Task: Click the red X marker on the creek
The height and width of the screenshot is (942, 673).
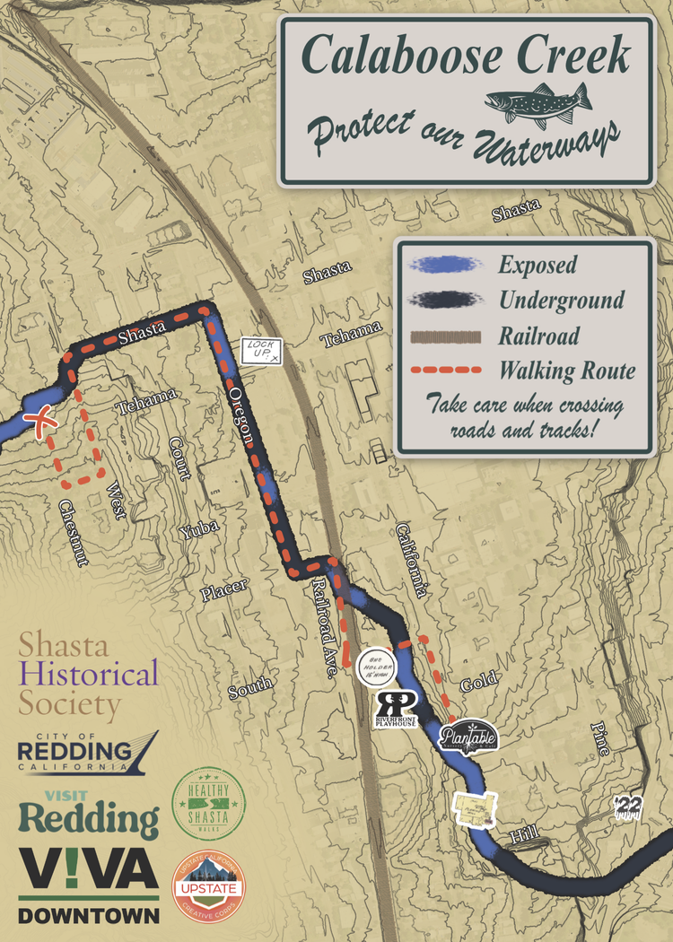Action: tap(39, 422)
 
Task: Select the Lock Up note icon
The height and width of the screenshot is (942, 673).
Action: tap(260, 351)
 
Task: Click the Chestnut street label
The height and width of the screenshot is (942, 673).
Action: tap(74, 533)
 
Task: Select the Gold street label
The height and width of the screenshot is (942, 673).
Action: tap(478, 685)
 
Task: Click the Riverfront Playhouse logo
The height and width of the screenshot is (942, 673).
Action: tap(395, 709)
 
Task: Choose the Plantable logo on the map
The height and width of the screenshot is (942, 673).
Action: tap(468, 737)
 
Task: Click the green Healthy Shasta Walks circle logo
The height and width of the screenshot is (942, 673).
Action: tap(208, 804)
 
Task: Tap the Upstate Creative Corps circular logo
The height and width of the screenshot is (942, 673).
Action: tap(208, 887)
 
